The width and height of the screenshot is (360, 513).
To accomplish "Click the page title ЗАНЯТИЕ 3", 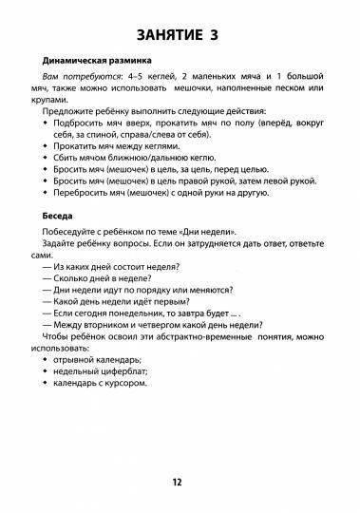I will pyautogui.click(x=180, y=36).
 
